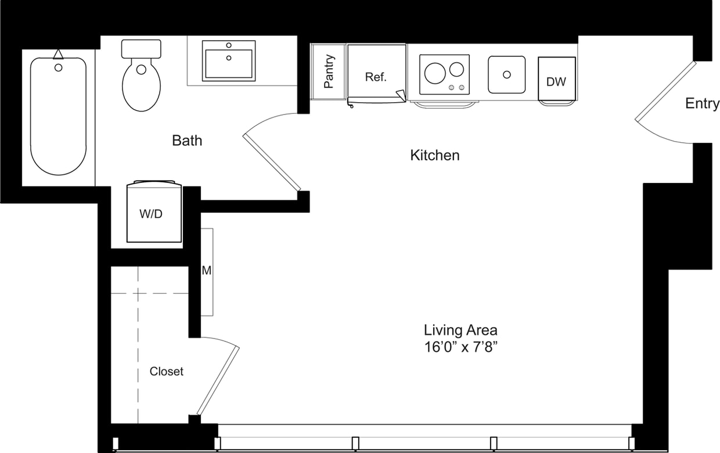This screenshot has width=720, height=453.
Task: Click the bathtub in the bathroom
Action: click(58, 116)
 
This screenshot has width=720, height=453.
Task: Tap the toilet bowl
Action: click(141, 87)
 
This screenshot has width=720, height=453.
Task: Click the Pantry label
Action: click(329, 71)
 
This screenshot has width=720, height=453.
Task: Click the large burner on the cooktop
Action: click(435, 73)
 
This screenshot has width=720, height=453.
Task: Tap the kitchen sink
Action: click(506, 74)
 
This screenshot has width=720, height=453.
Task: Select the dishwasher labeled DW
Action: click(556, 81)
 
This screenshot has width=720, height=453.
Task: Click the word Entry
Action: click(701, 103)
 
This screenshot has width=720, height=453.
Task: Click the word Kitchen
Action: click(435, 155)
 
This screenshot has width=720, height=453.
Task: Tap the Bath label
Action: click(187, 140)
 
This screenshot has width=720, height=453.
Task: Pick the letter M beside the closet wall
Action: click(206, 271)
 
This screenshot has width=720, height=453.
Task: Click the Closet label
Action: click(166, 371)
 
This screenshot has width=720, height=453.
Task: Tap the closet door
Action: click(218, 380)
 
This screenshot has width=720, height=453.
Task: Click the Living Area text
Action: click(460, 330)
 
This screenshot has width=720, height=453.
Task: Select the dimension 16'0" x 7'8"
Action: click(460, 347)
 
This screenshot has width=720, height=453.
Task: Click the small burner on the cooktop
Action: click(457, 69)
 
